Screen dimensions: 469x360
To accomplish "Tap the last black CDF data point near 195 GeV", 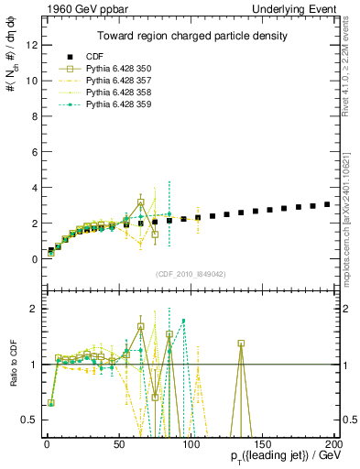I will [327, 204].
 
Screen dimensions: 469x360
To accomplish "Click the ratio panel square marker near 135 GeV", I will [241, 344].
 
